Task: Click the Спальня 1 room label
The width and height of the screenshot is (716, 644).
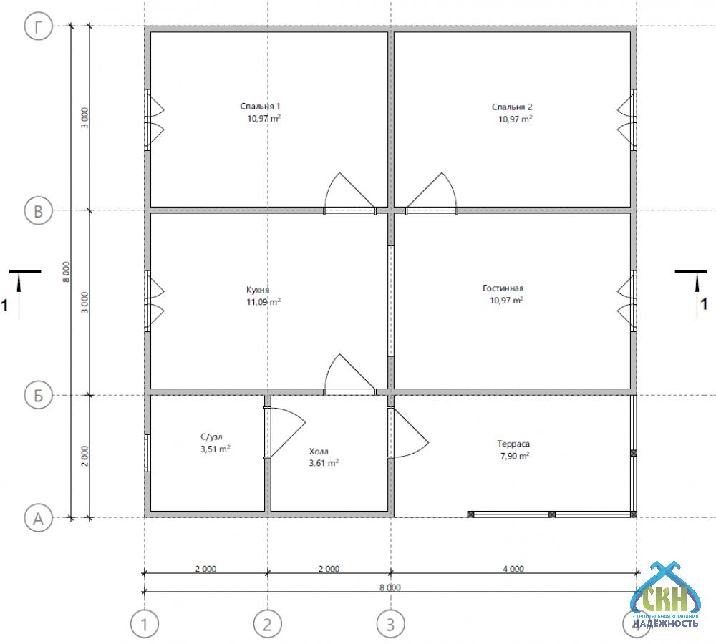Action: [261, 107]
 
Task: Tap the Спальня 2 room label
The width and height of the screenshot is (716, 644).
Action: [512, 107]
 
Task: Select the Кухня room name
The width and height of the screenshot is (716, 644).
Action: [258, 290]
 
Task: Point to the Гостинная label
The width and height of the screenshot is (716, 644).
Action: [503, 288]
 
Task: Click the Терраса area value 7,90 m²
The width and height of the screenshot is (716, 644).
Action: [515, 456]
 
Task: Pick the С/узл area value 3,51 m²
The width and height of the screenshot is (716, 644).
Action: [215, 449]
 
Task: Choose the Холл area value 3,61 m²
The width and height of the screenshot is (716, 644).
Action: [324, 463]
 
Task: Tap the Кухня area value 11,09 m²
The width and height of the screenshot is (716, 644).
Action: [263, 302]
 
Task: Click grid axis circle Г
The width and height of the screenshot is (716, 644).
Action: [39, 26]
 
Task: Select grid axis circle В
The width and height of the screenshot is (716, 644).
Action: [39, 211]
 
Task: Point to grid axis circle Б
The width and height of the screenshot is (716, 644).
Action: [39, 395]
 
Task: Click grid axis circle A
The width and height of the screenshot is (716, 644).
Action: [39, 519]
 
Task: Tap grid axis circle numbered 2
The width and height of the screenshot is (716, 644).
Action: [268, 624]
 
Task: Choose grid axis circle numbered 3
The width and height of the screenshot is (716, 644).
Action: [390, 624]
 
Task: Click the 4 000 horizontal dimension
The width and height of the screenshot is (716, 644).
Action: [513, 569]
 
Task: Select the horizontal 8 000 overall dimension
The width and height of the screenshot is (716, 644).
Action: [390, 587]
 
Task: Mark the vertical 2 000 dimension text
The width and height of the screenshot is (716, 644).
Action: [84, 456]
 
